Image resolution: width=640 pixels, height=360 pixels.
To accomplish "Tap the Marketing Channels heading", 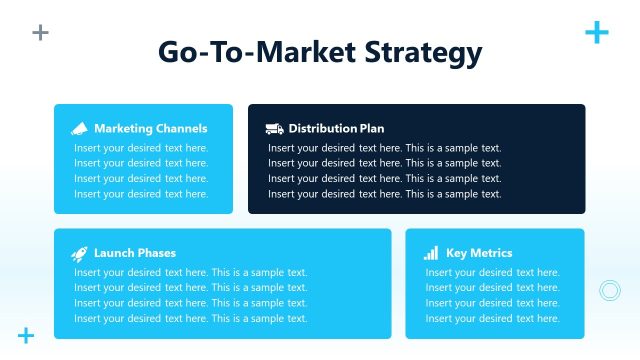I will pyautogui.click(x=150, y=128).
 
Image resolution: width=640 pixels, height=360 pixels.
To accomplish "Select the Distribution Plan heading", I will pyautogui.click(x=336, y=128).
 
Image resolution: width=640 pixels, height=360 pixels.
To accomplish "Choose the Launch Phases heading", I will pyautogui.click(x=134, y=253).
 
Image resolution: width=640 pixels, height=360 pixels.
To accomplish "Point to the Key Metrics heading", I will pyautogui.click(x=479, y=253).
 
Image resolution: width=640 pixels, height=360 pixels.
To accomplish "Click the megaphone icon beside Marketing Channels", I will pyautogui.click(x=80, y=128).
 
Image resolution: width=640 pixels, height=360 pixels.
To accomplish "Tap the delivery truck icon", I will pyautogui.click(x=274, y=128).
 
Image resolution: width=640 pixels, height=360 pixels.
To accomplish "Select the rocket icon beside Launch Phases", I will pyautogui.click(x=80, y=254).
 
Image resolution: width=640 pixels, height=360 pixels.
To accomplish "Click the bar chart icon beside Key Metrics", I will pyautogui.click(x=431, y=253).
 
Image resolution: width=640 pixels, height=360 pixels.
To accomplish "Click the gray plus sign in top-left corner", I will pyautogui.click(x=40, y=32).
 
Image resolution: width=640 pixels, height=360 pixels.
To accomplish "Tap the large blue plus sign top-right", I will pyautogui.click(x=596, y=32).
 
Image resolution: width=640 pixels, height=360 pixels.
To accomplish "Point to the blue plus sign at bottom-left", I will pyautogui.click(x=26, y=335).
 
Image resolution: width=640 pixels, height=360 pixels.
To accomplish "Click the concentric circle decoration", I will pyautogui.click(x=609, y=290).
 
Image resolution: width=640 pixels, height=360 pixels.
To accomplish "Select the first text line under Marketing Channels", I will pyautogui.click(x=141, y=148).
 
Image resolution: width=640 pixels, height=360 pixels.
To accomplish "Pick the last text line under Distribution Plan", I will pyautogui.click(x=384, y=194).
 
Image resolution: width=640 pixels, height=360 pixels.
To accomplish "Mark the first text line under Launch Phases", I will pyautogui.click(x=190, y=272).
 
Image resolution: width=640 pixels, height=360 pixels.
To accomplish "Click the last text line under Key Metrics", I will pyautogui.click(x=492, y=318).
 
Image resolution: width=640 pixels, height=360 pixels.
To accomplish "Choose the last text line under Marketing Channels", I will pyautogui.click(x=141, y=194).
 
